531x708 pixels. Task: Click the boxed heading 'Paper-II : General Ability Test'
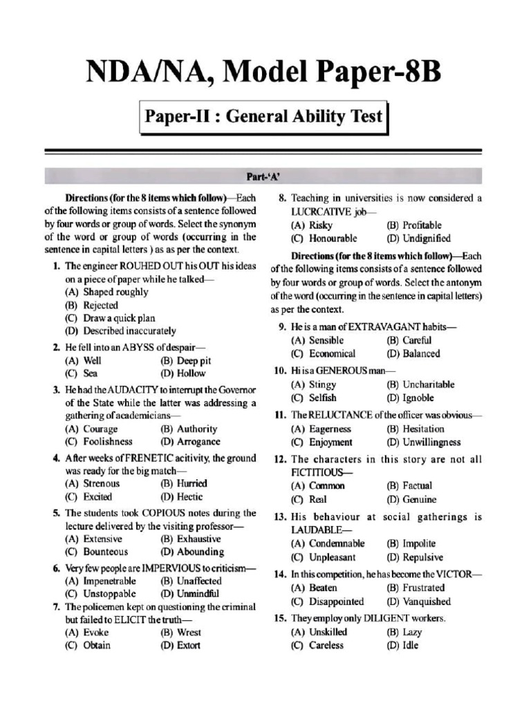(x=263, y=116)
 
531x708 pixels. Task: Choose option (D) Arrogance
(x=189, y=441)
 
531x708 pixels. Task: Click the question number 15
(x=280, y=618)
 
